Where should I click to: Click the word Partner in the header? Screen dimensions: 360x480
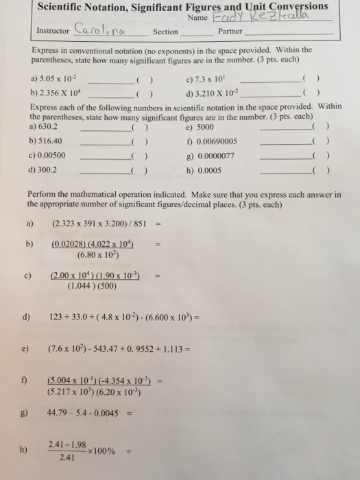pos(230,32)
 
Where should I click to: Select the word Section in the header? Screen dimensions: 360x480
pos(166,32)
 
